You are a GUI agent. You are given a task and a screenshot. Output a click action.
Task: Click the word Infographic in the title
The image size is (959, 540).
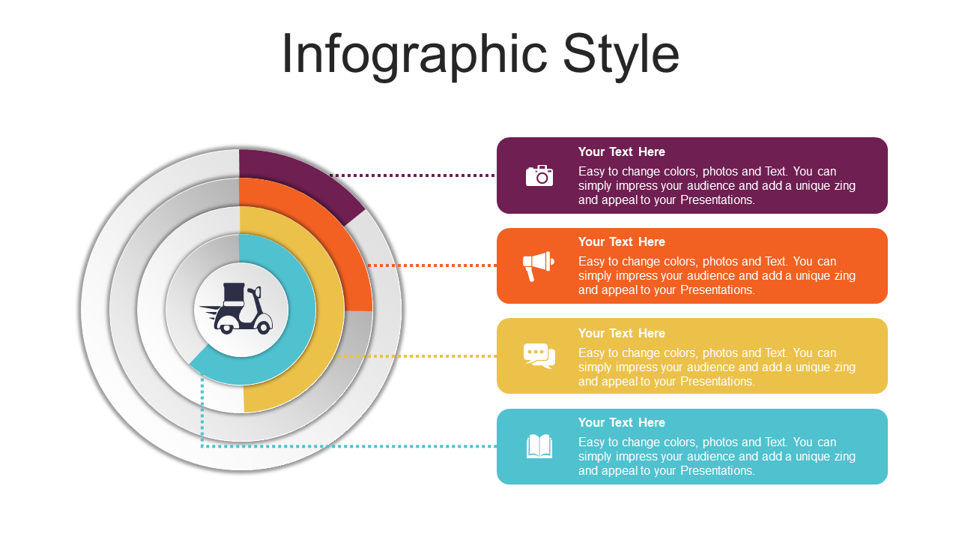[414, 55]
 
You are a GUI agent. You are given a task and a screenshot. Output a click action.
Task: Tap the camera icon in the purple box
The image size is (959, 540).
[539, 175]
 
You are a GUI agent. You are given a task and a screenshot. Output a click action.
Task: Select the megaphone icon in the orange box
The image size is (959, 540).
[539, 266]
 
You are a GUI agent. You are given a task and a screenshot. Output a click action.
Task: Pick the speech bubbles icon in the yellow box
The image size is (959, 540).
[539, 355]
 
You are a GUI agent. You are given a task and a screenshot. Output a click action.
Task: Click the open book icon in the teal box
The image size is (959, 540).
[539, 446]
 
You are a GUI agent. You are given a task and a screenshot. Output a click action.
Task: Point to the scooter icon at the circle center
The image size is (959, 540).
[237, 308]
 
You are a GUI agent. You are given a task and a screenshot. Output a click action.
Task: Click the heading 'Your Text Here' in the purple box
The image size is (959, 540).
[622, 151]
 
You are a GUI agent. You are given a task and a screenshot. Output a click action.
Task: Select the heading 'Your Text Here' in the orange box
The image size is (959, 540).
[622, 241]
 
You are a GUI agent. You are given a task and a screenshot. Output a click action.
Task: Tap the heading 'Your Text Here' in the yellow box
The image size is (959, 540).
[622, 334]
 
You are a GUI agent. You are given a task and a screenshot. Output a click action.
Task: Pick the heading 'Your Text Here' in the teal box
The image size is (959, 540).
[622, 422]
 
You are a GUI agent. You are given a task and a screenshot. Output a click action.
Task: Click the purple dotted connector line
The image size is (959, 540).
[413, 175]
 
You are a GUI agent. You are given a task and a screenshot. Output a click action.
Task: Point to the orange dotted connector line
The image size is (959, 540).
[432, 265]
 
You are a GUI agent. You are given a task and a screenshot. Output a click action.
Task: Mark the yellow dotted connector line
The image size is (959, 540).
[417, 356]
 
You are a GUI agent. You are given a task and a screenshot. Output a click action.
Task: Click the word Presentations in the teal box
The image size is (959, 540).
[718, 470]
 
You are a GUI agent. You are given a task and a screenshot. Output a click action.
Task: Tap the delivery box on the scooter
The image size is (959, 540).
[234, 294]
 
